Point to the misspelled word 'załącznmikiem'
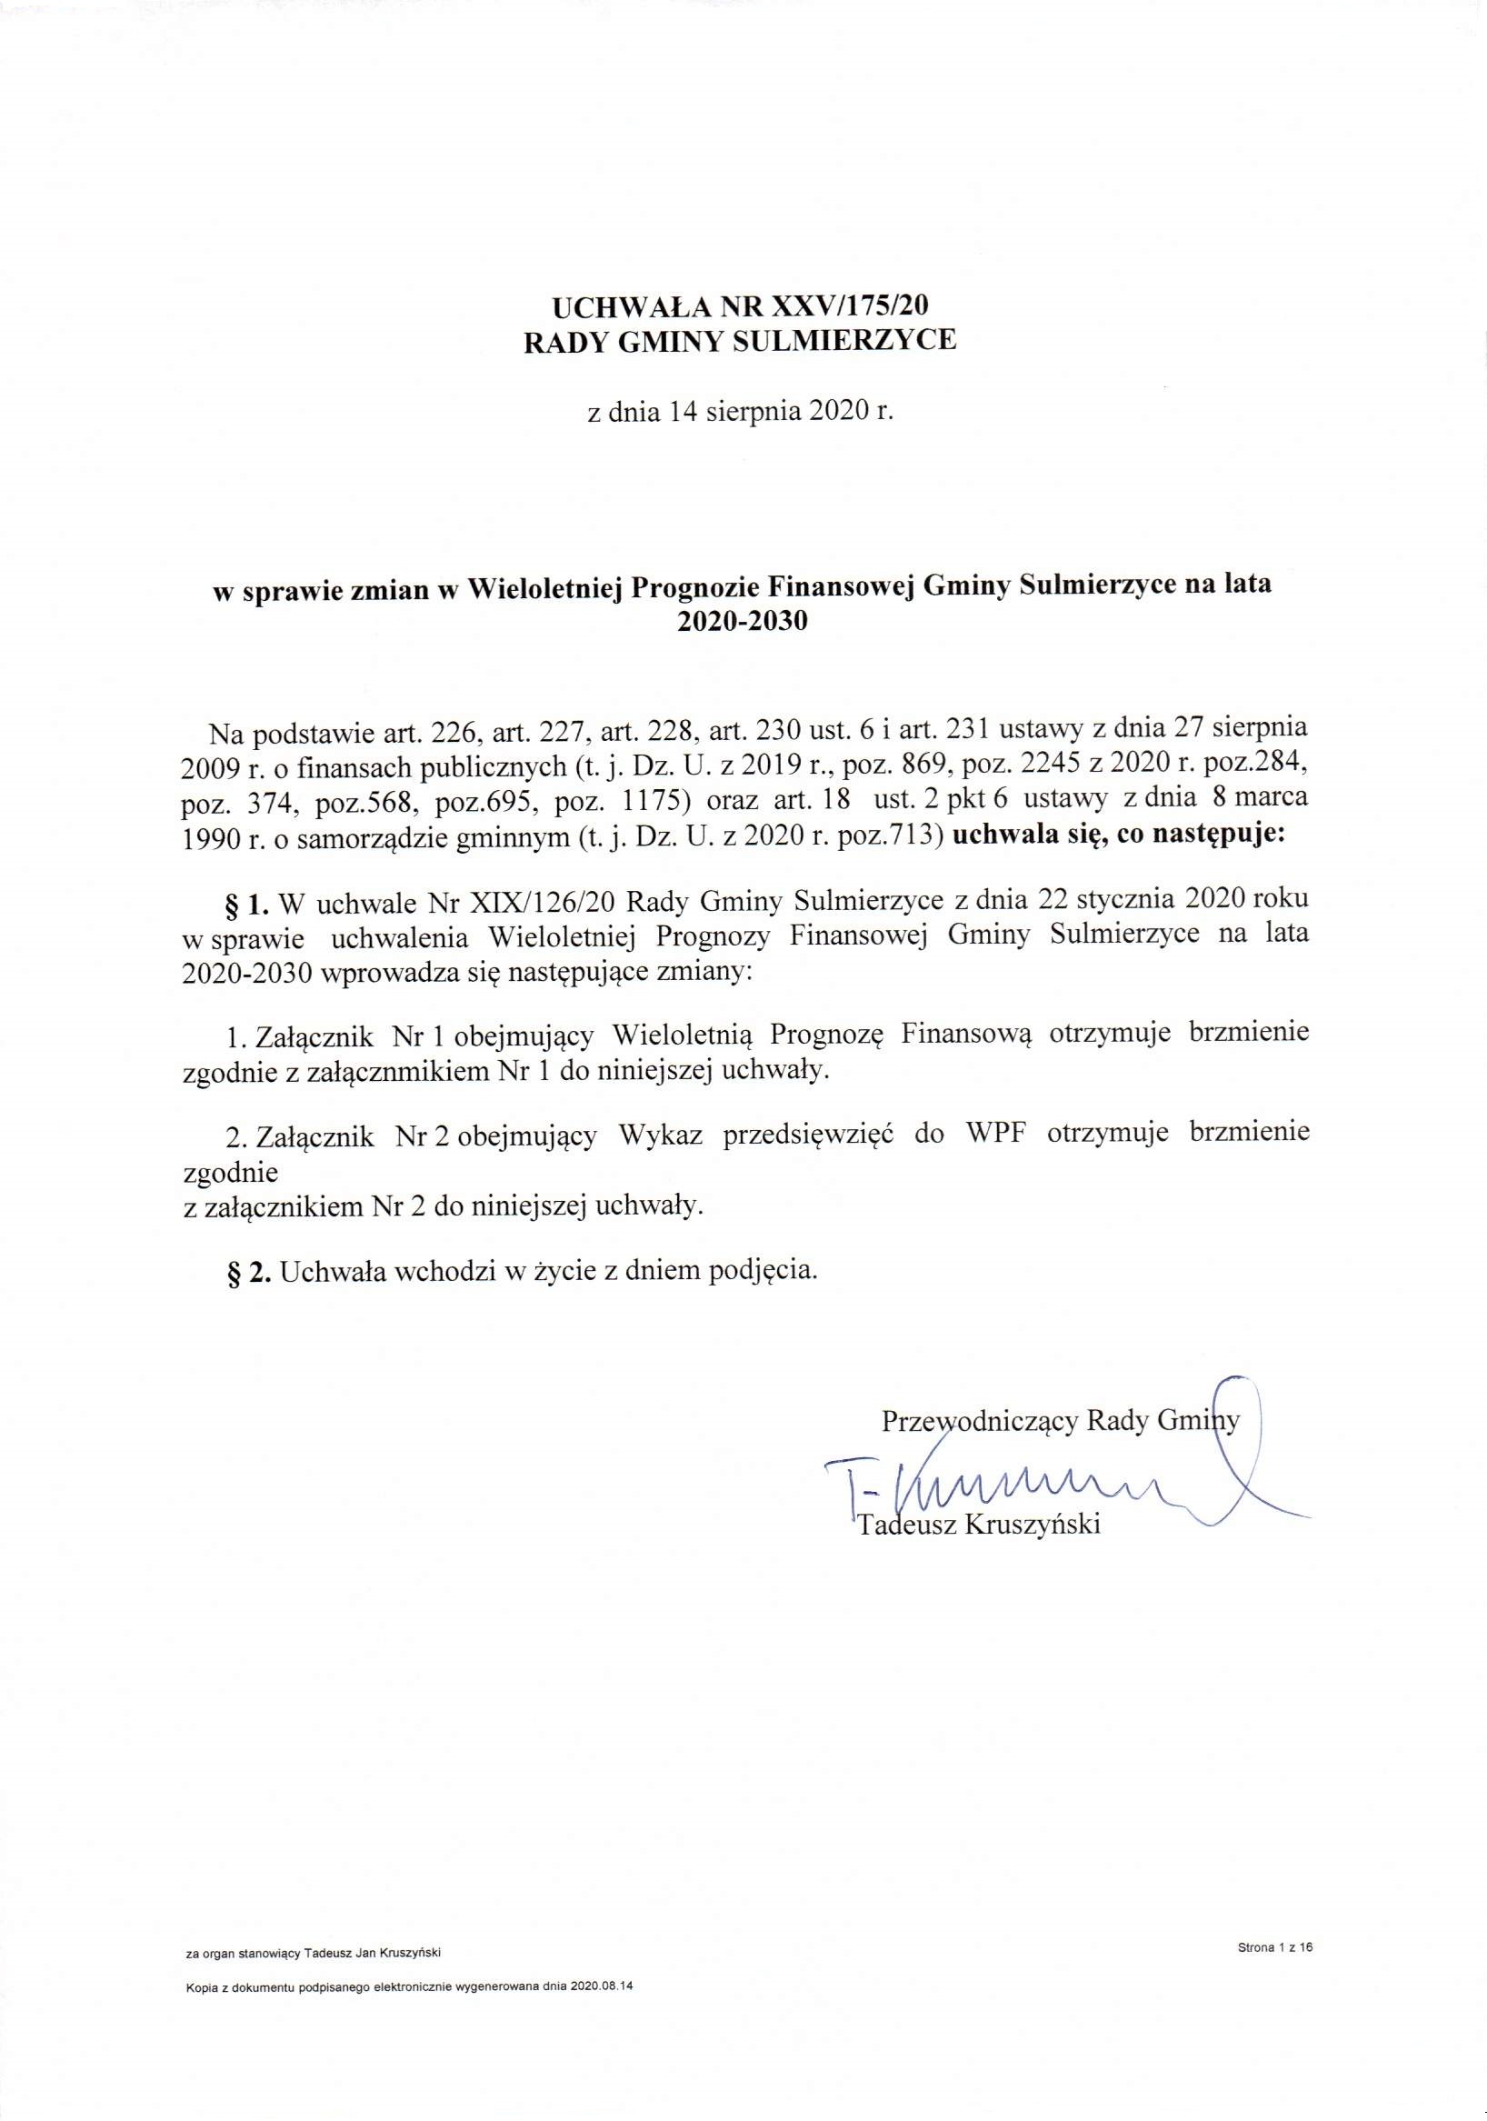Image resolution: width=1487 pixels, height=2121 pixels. (385, 1072)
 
